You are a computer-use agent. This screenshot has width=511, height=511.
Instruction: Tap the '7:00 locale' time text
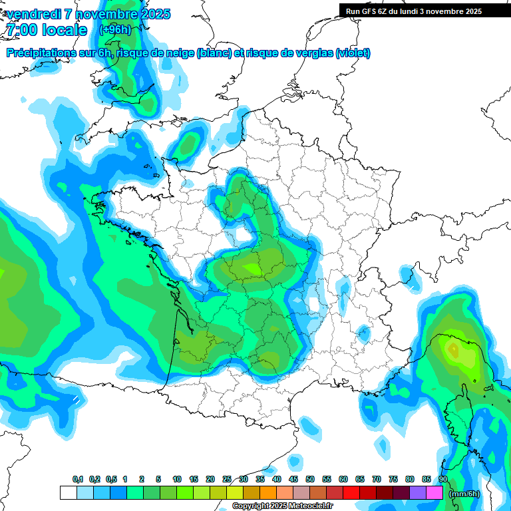pos(47,30)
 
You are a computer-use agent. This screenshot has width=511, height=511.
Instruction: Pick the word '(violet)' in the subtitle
pos(353,53)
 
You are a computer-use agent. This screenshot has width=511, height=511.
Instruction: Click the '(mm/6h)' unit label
pos(464,494)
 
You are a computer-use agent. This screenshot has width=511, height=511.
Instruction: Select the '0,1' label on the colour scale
pos(78,480)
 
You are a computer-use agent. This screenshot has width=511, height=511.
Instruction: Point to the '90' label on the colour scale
pos(442,480)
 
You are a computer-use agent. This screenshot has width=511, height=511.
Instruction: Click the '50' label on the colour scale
pos(310,480)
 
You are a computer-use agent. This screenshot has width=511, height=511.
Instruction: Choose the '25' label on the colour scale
pos(227,480)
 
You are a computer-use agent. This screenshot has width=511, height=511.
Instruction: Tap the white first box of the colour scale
pos(68,492)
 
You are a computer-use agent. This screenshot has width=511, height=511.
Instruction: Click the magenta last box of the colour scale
pos(434,492)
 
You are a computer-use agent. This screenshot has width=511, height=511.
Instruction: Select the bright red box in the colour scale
pos(351,492)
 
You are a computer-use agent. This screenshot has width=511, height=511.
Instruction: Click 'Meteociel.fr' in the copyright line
pos(309,506)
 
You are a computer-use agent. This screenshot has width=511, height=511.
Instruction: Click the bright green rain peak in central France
pos(253,268)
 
